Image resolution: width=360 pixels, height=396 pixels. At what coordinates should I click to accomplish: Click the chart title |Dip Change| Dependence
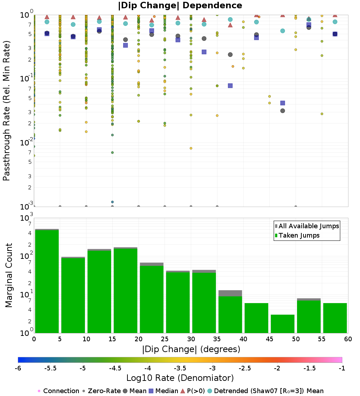180,5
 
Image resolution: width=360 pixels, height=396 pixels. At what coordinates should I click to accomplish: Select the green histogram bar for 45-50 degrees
282,324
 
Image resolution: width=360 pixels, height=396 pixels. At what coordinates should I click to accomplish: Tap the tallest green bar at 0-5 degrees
47,281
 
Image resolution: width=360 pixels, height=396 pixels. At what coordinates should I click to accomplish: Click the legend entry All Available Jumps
309,226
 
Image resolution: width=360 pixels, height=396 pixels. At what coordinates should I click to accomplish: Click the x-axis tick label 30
191,339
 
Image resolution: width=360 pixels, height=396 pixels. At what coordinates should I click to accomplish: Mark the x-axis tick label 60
348,339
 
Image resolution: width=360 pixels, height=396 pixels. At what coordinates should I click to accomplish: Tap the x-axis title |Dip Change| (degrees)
191,349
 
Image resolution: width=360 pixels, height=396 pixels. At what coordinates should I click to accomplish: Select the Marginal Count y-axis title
9,275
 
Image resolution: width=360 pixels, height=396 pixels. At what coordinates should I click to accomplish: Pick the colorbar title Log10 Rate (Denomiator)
180,378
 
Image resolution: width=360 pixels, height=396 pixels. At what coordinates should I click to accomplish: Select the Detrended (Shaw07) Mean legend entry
269,391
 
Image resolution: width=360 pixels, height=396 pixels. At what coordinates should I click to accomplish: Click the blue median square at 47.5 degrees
283,103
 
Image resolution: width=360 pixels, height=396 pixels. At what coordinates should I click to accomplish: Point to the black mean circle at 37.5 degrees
230,55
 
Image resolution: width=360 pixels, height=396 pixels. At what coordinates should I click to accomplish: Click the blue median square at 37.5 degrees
230,86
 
